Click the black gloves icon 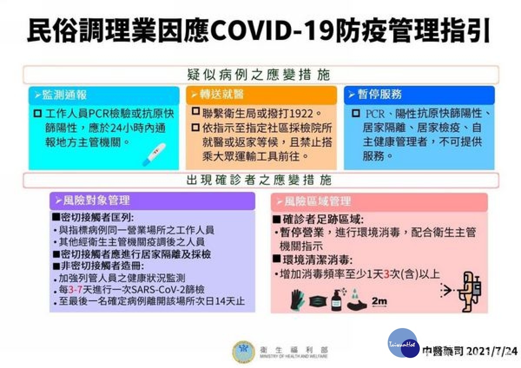[298, 300]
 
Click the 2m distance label [379, 301]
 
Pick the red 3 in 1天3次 [385, 274]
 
